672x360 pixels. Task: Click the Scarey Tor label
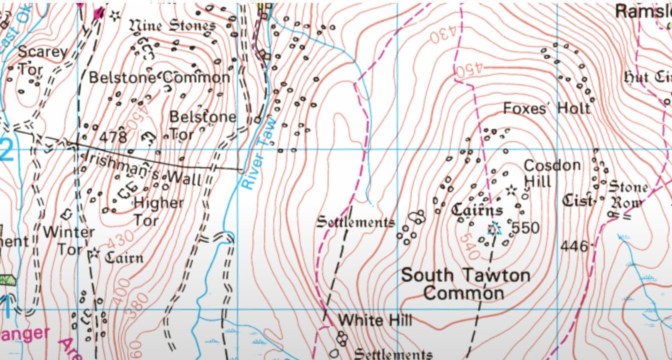[42, 60]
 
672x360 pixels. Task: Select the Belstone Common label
[159, 77]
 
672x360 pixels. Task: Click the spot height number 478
[113, 137]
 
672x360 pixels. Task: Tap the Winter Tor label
[69, 240]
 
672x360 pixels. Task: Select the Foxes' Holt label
[547, 108]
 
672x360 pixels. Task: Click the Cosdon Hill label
[552, 173]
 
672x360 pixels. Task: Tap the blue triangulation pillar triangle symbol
[494, 229]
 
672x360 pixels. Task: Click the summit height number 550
[525, 228]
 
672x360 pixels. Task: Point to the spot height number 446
[574, 246]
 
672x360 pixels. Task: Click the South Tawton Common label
[465, 284]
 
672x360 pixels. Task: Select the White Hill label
[375, 320]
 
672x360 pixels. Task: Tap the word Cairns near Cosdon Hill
[477, 209]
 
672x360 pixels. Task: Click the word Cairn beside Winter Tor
[124, 258]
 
